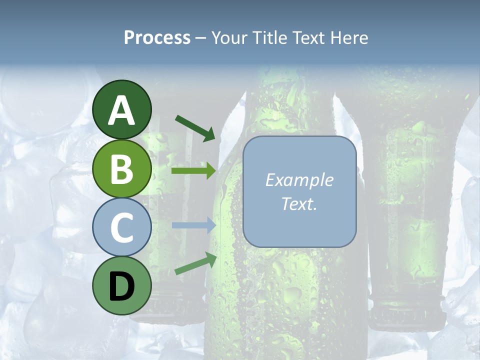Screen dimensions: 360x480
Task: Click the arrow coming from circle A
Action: point(195,127)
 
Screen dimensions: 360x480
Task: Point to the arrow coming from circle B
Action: point(193,171)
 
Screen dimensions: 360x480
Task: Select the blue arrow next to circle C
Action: point(193,225)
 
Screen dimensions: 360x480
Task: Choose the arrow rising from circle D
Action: point(195,263)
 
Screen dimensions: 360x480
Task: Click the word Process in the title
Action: point(157,38)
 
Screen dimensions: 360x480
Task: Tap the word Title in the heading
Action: point(270,38)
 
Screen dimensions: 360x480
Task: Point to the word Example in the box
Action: point(299,180)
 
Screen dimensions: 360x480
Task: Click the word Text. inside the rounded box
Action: point(299,203)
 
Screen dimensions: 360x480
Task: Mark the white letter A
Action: point(122,110)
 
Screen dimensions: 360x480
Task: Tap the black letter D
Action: point(122,286)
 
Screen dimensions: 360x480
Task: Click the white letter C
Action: point(122,228)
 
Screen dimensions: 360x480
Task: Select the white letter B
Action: point(122,170)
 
